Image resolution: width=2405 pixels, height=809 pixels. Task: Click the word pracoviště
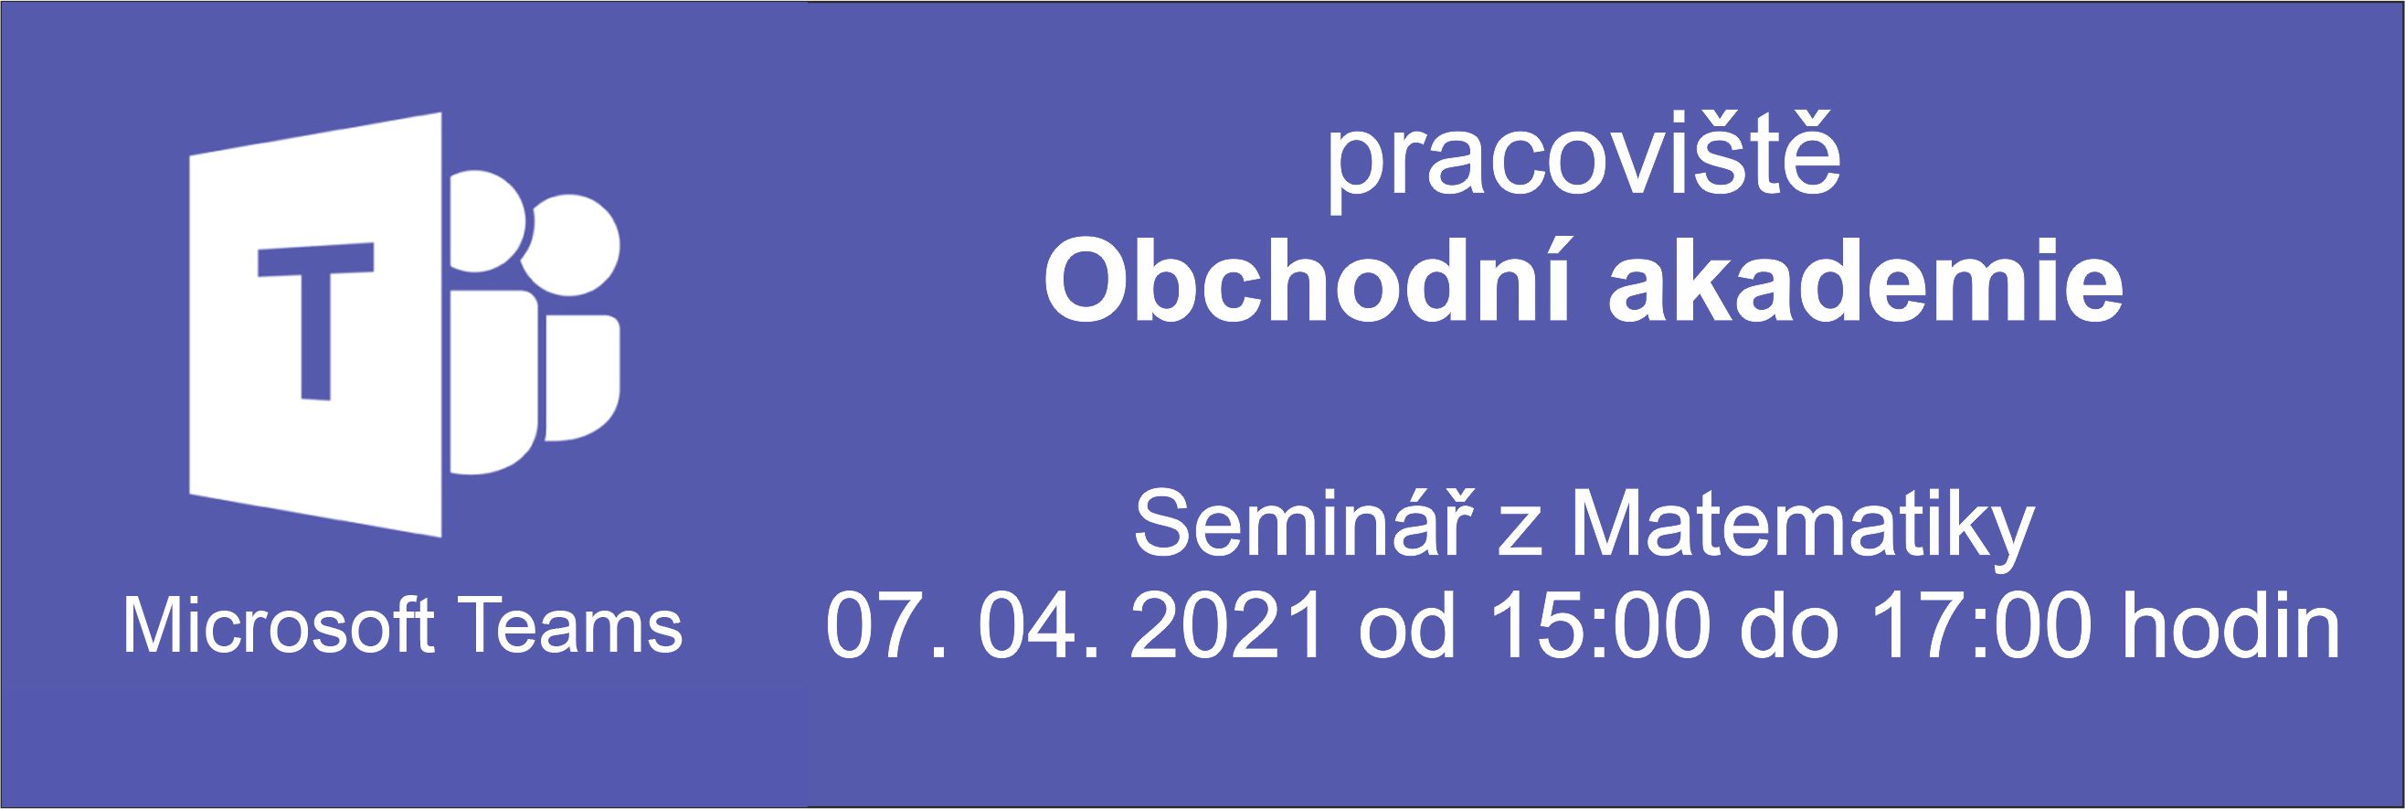(1584, 173)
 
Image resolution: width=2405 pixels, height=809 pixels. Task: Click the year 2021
(1231, 624)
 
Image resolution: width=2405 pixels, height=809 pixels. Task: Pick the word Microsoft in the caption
(278, 625)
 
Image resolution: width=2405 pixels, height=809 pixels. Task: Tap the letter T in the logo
(315, 322)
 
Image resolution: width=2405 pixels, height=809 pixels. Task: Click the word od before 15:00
(1407, 624)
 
